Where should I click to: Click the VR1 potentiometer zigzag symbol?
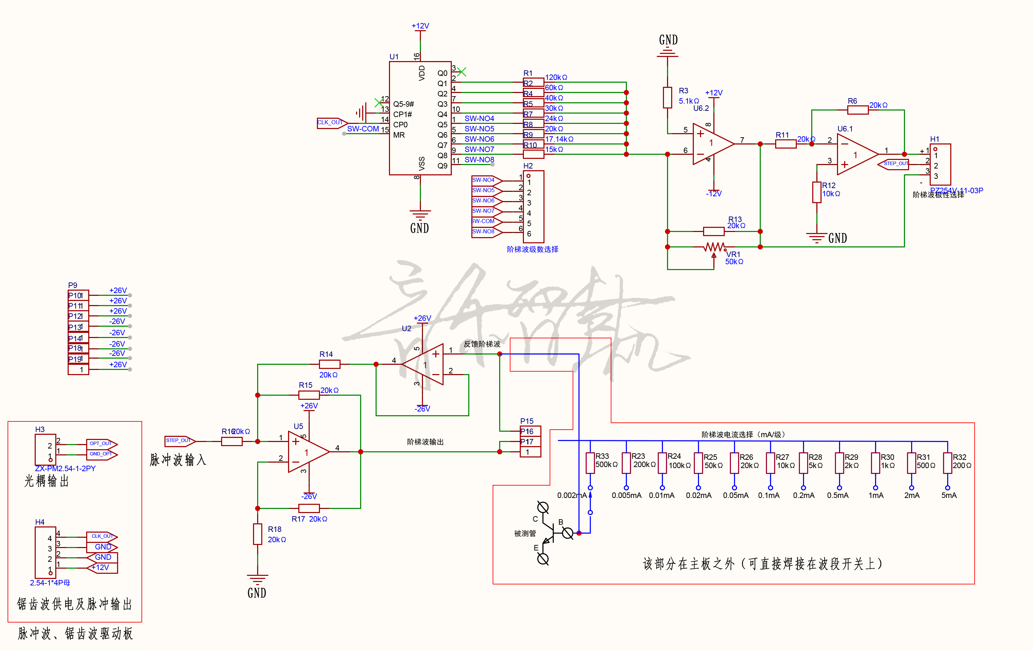[x=714, y=247]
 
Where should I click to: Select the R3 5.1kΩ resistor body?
[x=667, y=98]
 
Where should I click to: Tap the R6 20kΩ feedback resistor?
[x=858, y=110]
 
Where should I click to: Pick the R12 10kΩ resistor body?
[x=817, y=192]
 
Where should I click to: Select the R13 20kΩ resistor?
[x=714, y=232]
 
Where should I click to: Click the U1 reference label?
[x=394, y=57]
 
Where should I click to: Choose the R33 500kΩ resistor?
[x=590, y=463]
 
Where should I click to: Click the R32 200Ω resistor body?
[x=948, y=463]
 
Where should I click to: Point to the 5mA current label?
[x=949, y=495]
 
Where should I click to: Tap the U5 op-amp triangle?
[x=306, y=452]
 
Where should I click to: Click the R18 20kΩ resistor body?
[x=257, y=534]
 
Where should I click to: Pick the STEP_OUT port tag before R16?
[x=179, y=441]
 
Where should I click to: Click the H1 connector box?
[x=940, y=165]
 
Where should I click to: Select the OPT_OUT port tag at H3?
[x=101, y=444]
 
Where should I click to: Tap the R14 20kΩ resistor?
[x=330, y=364]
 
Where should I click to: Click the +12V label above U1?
[x=421, y=26]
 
